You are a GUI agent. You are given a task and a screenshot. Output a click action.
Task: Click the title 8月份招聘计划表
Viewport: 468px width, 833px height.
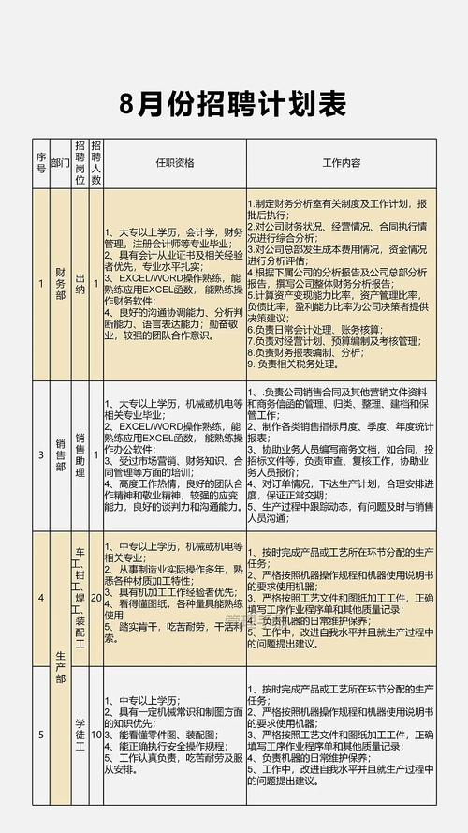point(234,101)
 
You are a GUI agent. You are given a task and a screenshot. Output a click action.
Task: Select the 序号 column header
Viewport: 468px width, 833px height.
point(40,163)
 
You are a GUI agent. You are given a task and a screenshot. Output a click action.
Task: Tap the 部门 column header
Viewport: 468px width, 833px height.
point(61,163)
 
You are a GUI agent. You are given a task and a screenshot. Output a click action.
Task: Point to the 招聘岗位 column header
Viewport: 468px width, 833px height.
point(80,163)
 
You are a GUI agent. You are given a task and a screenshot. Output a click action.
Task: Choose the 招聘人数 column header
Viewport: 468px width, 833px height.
point(96,163)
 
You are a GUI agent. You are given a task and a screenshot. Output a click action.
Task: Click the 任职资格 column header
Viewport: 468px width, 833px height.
point(174,163)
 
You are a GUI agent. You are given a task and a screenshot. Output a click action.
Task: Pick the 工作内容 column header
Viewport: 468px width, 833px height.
point(341,163)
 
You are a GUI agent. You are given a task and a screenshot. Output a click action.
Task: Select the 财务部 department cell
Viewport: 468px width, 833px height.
point(61,283)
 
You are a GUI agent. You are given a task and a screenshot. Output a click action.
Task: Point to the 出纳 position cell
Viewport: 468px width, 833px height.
point(80,283)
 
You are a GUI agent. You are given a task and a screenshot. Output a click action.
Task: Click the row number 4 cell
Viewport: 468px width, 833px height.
point(40,597)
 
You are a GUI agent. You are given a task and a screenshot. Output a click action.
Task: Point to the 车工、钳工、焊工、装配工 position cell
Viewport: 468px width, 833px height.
point(80,597)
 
